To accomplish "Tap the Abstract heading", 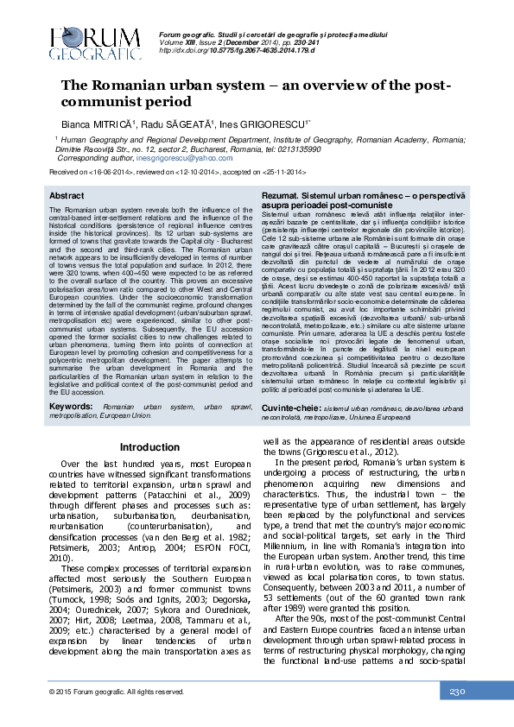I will [x=67, y=197].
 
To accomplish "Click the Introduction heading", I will [x=149, y=446].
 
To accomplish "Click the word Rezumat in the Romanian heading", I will [x=282, y=197].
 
